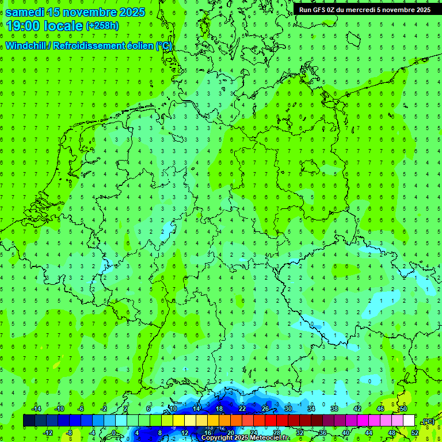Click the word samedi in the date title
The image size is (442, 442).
click(25, 12)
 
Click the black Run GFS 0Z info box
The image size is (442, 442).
click(365, 9)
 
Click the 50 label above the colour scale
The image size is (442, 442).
click(403, 409)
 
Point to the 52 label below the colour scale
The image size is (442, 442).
click(414, 433)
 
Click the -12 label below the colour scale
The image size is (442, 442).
click(49, 433)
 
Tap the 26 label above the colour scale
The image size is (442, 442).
click(265, 409)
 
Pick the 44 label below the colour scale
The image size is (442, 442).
click(369, 433)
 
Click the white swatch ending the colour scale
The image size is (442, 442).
click(409, 421)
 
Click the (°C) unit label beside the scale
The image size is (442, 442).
click(428, 421)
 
